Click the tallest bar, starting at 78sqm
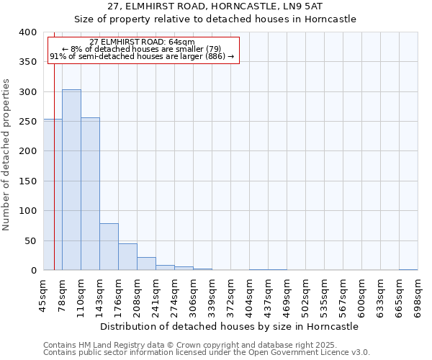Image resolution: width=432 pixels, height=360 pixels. point(71,180)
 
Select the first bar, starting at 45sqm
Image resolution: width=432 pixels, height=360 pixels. point(53,194)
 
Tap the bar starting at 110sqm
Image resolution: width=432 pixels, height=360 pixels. point(90,194)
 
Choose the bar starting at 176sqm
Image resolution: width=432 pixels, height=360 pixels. point(127,257)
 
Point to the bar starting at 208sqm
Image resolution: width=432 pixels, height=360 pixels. point(146,264)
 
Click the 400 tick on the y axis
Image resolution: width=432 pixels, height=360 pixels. point(27,32)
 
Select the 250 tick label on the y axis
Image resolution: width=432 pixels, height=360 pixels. point(27,122)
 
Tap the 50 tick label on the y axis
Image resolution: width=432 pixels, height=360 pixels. point(30,240)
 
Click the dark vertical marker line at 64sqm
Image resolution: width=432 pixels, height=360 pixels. point(54,144)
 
